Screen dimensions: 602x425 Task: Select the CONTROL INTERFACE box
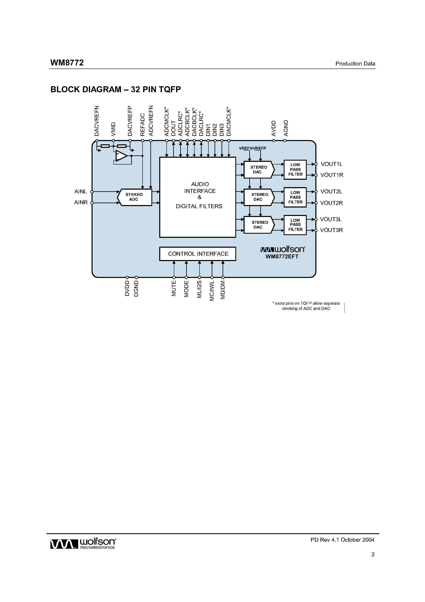[198, 254]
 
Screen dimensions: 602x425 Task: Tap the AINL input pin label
[80, 192]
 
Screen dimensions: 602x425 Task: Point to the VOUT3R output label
[331, 230]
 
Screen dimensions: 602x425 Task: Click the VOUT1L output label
[331, 164]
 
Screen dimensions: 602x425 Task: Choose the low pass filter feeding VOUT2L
[295, 197]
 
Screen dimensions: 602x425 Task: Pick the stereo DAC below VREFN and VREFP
[259, 170]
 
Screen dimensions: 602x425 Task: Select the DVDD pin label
[127, 288]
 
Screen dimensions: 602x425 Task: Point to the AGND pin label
[286, 128]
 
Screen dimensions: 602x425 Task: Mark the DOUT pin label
[173, 128]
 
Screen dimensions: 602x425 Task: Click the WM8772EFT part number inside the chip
[282, 257]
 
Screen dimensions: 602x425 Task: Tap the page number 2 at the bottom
[373, 554]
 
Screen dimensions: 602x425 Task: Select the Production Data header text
[355, 64]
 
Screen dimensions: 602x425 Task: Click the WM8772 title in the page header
[67, 63]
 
